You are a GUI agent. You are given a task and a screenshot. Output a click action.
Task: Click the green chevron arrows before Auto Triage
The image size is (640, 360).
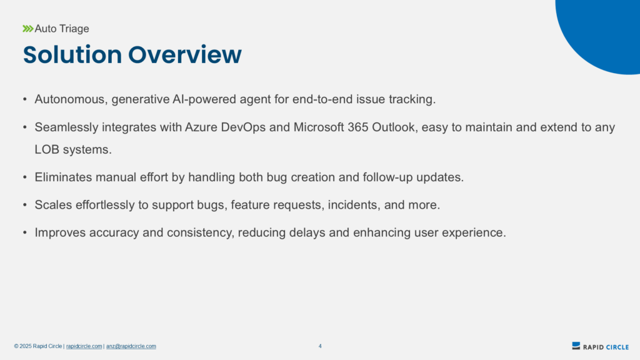(27, 29)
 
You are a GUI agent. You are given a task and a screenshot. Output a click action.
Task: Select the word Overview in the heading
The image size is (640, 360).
(185, 54)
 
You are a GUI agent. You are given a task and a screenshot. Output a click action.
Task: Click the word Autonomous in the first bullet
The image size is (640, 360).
(69, 99)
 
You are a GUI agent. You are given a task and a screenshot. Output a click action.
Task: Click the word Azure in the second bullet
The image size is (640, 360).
(201, 127)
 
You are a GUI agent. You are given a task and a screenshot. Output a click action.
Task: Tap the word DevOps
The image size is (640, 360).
(243, 127)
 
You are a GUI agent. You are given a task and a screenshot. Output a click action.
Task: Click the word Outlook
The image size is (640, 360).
(395, 127)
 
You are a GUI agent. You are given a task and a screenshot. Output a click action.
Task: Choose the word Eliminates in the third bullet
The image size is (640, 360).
(63, 177)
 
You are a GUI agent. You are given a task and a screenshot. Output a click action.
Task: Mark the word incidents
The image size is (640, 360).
(354, 205)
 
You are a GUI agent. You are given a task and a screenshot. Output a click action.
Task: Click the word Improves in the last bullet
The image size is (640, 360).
(61, 232)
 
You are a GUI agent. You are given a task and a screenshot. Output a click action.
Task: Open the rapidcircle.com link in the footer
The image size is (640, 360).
(84, 346)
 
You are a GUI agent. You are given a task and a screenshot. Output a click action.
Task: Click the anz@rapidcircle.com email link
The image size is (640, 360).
(131, 346)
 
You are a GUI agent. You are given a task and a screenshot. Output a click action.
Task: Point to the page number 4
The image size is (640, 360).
(320, 346)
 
